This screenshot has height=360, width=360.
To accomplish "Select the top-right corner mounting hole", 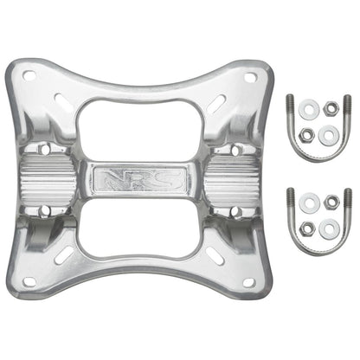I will click(250, 77).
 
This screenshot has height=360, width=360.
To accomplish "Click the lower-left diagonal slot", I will click(63, 258).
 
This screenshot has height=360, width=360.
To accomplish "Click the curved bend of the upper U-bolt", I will click(318, 153).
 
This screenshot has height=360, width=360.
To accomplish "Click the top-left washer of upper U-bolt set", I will click(308, 110).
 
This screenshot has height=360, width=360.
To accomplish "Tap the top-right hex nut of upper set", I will click(331, 108).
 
